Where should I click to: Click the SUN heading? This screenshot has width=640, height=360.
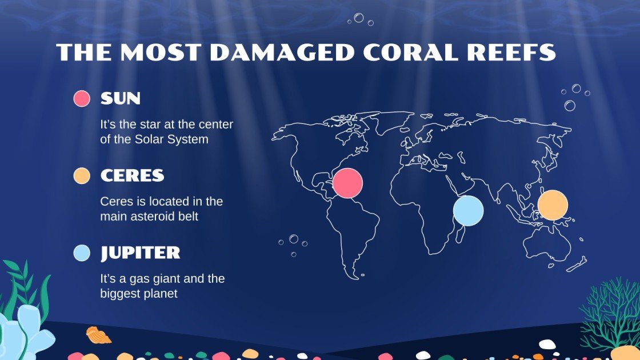point(120,99)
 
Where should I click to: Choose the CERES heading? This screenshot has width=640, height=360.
point(132,176)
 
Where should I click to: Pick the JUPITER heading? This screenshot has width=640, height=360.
point(140,253)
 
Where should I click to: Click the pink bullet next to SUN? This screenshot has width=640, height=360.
point(82,99)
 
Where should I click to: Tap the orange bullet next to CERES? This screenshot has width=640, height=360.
point(82,176)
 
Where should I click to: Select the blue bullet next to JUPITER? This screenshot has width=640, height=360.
point(82,253)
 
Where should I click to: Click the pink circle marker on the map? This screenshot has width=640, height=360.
point(347,183)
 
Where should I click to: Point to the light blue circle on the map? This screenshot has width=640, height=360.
point(468,210)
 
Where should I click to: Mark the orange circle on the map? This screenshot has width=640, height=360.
point(553,205)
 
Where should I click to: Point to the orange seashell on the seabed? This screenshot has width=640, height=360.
point(98,335)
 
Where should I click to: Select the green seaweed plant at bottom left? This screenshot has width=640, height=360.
point(23,286)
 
